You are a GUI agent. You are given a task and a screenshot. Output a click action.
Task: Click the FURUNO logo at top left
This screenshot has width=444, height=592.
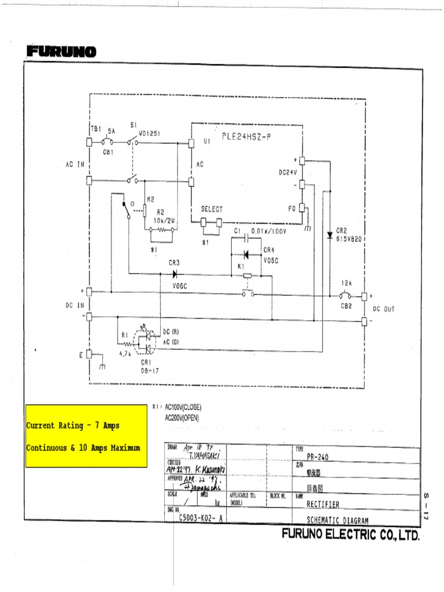click(x=61, y=52)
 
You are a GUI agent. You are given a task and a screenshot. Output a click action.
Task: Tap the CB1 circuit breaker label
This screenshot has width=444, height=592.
click(x=108, y=153)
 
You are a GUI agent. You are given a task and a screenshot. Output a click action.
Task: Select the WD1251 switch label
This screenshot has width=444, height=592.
click(x=149, y=133)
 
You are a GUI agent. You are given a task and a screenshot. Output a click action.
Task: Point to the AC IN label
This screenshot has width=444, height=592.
click(x=75, y=164)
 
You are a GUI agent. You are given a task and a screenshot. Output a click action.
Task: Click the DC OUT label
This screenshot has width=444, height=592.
click(x=384, y=309)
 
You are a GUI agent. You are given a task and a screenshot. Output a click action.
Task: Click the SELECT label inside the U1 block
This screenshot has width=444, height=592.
click(x=212, y=209)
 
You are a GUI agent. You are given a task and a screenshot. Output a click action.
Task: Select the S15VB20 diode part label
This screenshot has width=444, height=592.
click(x=350, y=238)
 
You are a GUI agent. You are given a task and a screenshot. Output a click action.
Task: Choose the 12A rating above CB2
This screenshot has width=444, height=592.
click(x=346, y=284)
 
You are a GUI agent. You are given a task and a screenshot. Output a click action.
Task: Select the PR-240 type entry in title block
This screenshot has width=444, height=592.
click(x=317, y=457)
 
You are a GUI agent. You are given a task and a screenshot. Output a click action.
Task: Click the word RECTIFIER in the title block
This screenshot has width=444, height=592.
click(x=323, y=504)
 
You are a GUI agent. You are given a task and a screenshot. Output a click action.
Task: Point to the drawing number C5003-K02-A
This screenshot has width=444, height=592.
click(x=200, y=519)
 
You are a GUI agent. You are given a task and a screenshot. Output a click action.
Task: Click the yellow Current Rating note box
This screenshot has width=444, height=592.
click(x=86, y=436)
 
